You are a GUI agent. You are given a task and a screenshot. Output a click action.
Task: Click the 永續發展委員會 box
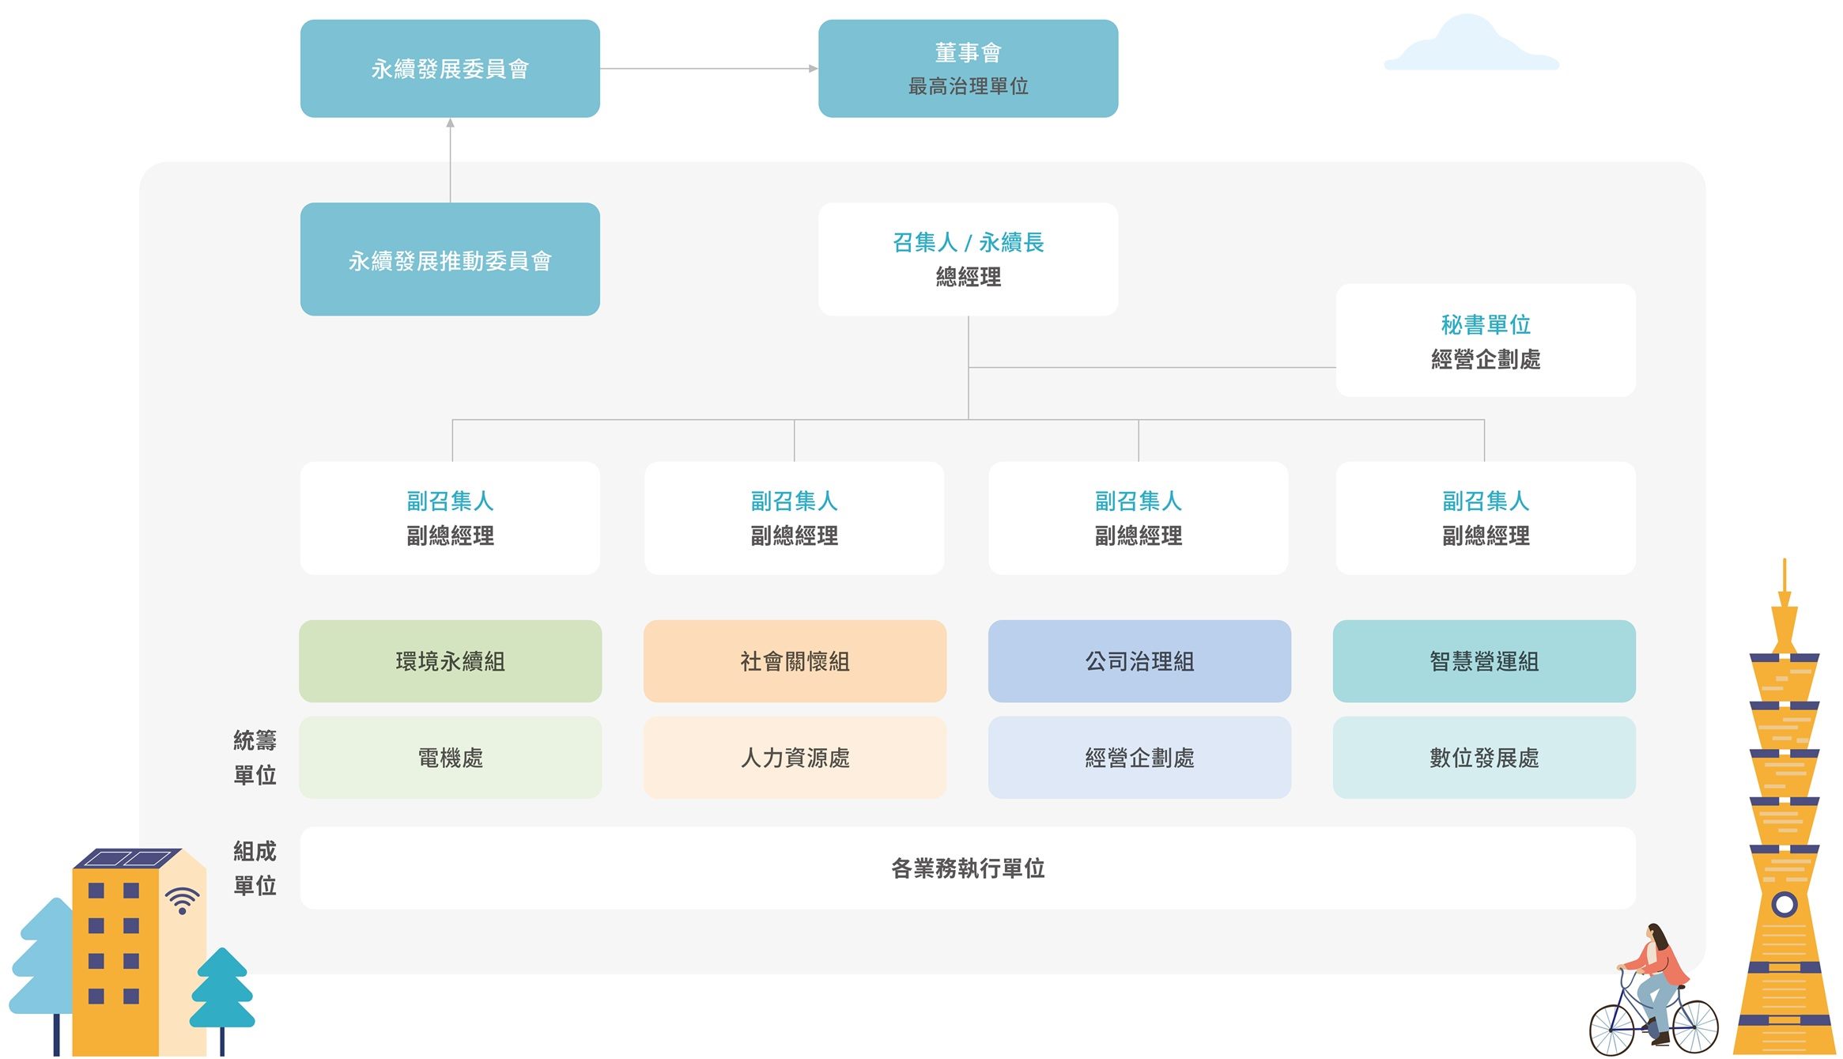[450, 69]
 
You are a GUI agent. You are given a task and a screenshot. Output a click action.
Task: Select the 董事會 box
[968, 69]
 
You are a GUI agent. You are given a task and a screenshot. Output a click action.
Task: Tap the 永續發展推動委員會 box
[450, 259]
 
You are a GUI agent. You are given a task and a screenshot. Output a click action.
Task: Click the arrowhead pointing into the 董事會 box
[813, 69]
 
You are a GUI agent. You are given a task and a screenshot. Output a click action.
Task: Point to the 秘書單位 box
[1485, 340]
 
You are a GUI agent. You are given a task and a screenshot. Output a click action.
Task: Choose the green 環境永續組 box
[450, 661]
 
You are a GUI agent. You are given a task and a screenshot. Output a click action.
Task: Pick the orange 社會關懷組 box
[795, 661]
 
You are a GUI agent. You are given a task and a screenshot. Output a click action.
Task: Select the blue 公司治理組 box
[1139, 661]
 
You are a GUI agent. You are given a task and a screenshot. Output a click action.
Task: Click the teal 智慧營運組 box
[1484, 661]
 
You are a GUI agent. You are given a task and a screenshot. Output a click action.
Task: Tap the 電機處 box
[450, 758]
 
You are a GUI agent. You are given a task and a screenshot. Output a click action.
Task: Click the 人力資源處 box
[795, 758]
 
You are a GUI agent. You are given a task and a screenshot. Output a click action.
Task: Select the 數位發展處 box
[1484, 758]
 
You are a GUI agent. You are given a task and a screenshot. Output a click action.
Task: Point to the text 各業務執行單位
[968, 868]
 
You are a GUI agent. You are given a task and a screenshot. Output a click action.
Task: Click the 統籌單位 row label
[255, 758]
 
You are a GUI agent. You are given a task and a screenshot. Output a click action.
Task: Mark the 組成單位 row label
[255, 868]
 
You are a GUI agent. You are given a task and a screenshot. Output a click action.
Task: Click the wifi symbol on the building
[183, 901]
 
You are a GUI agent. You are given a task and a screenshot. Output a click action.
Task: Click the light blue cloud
[1471, 47]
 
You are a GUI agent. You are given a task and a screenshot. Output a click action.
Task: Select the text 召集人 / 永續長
[968, 242]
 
